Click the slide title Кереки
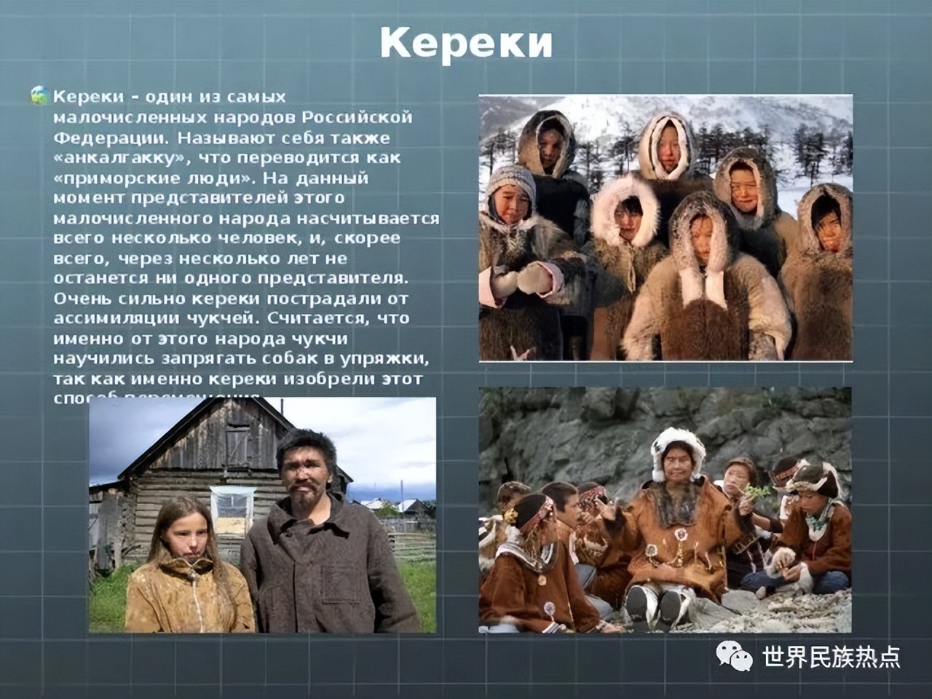[x=466, y=44]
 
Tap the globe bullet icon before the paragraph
[x=39, y=95]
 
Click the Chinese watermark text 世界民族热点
[x=831, y=657]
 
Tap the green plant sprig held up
[x=756, y=493]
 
